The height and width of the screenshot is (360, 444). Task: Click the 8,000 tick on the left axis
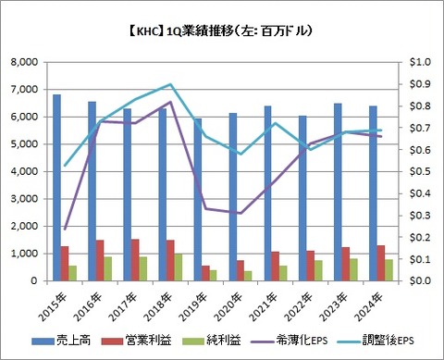click(x=35, y=62)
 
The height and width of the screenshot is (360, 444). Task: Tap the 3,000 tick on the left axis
click(x=35, y=199)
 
